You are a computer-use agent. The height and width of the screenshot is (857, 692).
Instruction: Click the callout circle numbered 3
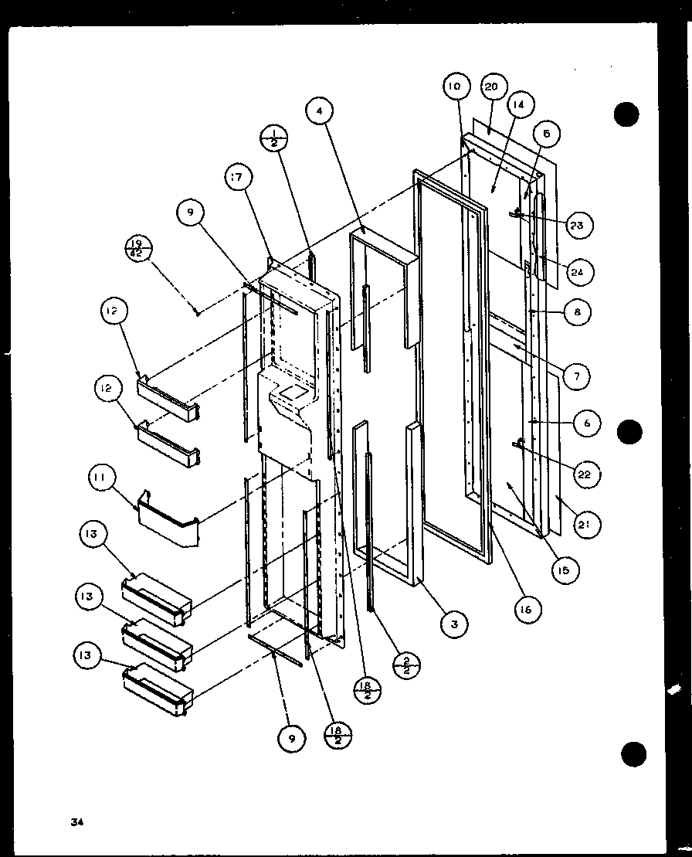click(x=454, y=624)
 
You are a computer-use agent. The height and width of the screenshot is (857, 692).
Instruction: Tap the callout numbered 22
click(x=584, y=474)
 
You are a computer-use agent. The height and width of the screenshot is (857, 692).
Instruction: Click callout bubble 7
click(x=575, y=377)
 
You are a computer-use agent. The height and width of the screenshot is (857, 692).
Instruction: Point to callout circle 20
click(x=491, y=87)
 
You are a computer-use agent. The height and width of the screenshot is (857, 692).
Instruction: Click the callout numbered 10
click(x=455, y=87)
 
